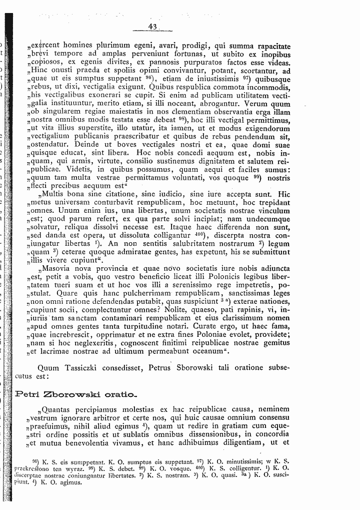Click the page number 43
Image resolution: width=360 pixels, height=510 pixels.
[152, 27]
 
